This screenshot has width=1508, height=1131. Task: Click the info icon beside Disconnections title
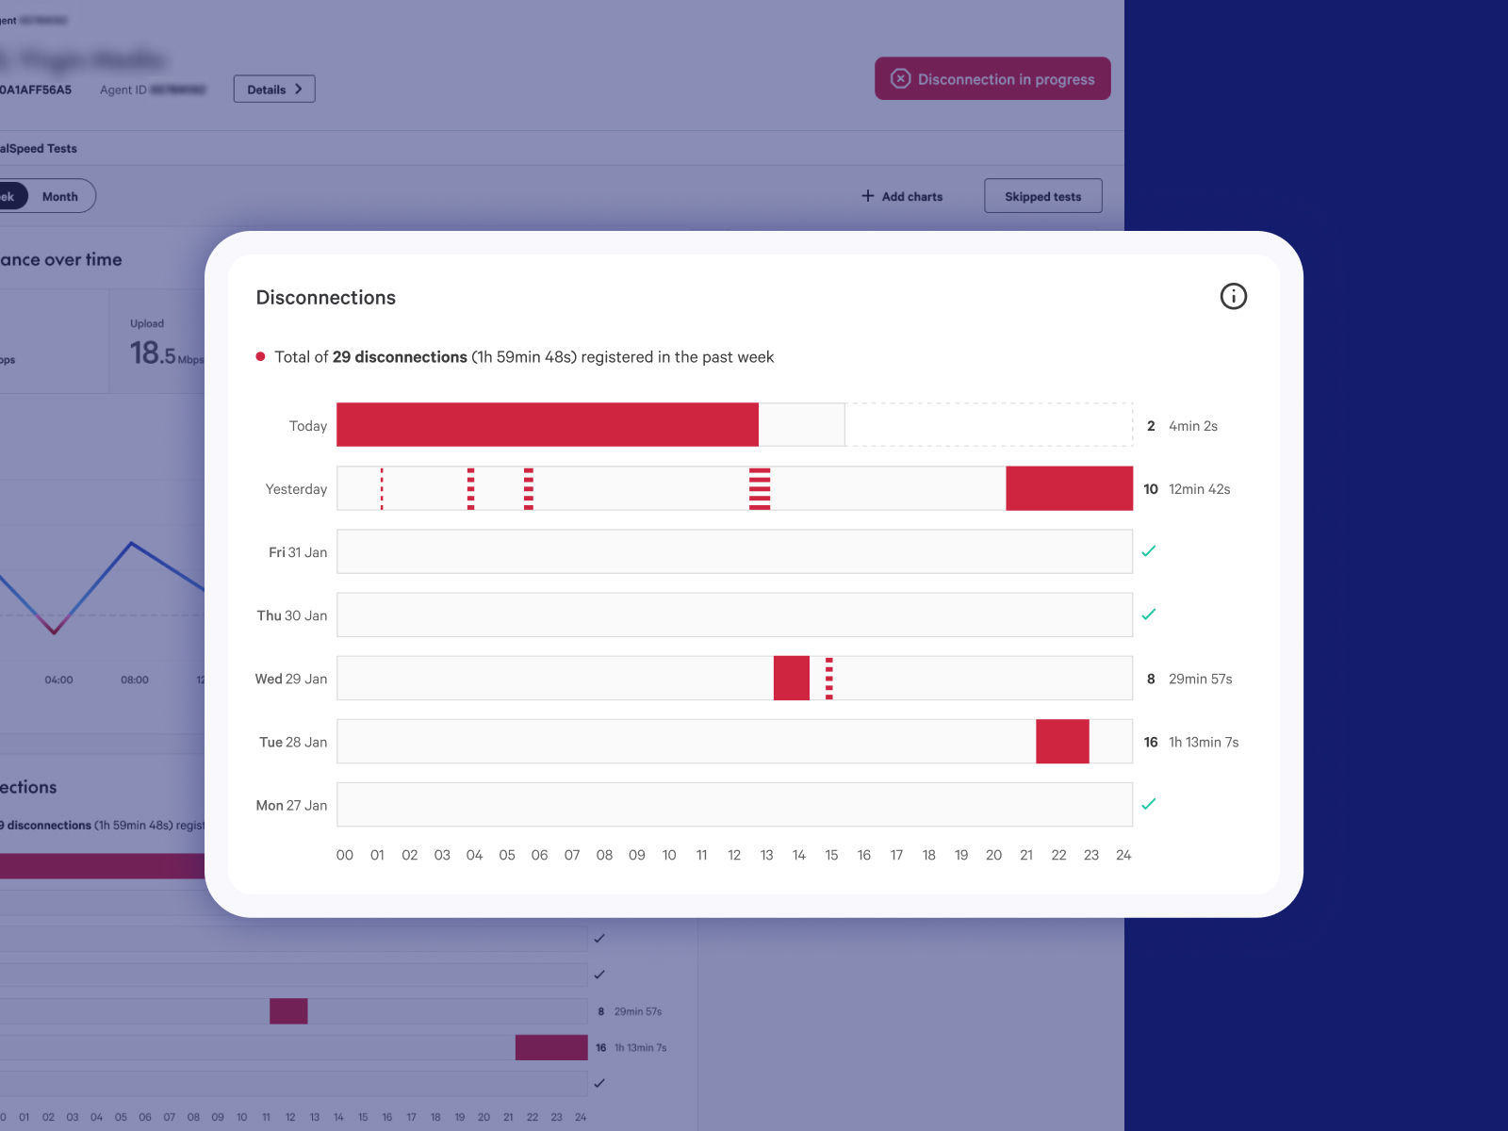(1233, 297)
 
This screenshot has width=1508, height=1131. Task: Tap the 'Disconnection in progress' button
(992, 79)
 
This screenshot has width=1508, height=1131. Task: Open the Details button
(274, 90)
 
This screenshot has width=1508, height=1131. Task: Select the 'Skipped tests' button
(1042, 196)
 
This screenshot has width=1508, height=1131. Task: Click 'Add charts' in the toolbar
(902, 196)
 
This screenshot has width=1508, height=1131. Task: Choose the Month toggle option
(60, 196)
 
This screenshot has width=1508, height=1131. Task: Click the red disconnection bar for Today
(547, 425)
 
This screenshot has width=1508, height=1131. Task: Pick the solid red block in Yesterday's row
(1069, 488)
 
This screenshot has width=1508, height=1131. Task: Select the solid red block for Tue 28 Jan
(1062, 742)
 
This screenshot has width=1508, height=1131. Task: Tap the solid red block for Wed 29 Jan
(791, 679)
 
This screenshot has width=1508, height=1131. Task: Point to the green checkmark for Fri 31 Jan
(1148, 551)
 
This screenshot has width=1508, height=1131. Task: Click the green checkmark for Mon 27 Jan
(1148, 804)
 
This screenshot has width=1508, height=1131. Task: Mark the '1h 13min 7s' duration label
(1204, 743)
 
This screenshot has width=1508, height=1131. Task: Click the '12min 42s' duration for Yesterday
(1199, 489)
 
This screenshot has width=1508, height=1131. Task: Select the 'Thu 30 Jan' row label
(292, 615)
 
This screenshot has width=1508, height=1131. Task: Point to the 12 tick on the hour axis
(734, 855)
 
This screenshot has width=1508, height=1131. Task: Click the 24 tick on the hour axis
(1123, 855)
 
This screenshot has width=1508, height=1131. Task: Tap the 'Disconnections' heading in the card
(326, 298)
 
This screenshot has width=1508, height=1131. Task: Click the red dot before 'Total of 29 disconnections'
(260, 356)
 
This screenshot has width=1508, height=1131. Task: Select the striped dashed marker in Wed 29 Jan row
(829, 679)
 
